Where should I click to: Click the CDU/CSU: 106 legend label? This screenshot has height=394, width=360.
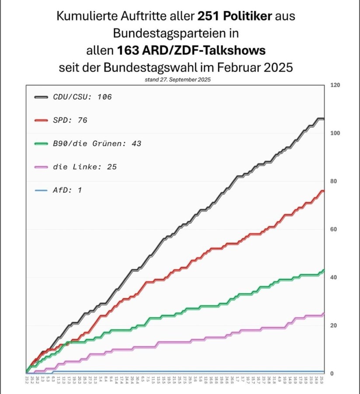point(82,97)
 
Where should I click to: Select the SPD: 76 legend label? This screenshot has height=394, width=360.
point(70,120)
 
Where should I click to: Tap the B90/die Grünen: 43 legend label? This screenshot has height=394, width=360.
point(97,143)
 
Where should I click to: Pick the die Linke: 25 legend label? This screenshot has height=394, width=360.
point(84,167)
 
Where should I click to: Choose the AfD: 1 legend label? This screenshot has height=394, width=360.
point(67,190)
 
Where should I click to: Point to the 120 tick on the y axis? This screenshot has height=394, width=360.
point(335,85)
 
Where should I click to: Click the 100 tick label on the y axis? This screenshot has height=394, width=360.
point(335,133)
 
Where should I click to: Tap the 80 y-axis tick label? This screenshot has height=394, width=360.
point(334,181)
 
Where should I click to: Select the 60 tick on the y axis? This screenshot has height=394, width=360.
point(334,229)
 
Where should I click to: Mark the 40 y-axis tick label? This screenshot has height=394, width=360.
point(334,278)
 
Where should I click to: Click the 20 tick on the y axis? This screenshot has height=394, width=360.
point(334,326)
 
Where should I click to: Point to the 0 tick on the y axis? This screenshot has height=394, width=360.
point(332,373)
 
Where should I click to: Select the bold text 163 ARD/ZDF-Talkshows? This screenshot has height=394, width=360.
point(191,51)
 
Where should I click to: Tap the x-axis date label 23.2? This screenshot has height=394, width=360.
point(27,380)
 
